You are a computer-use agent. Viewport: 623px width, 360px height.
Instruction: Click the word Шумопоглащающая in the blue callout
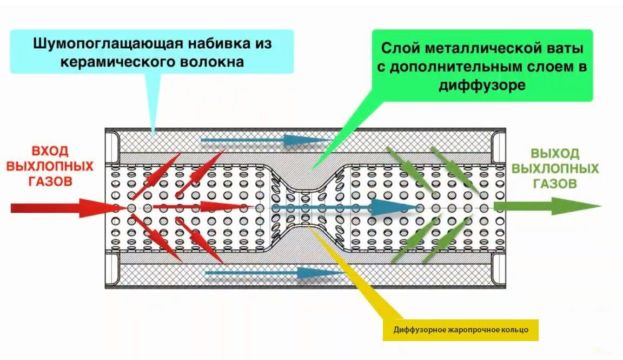pyautogui.click(x=107, y=44)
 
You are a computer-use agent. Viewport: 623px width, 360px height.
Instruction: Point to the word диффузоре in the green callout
pyautogui.click(x=482, y=85)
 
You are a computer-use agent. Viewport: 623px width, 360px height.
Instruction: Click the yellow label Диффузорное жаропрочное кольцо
pyautogui.click(x=461, y=330)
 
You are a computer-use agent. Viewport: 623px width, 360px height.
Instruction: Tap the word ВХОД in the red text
pyautogui.click(x=50, y=151)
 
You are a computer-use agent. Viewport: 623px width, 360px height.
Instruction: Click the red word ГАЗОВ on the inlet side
pyautogui.click(x=50, y=181)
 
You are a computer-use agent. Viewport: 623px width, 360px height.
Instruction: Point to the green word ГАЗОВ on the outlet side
pyautogui.click(x=555, y=184)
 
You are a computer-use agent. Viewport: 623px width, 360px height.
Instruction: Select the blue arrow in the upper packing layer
pyautogui.click(x=264, y=140)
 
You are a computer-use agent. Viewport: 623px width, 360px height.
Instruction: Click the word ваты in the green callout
pyautogui.click(x=565, y=49)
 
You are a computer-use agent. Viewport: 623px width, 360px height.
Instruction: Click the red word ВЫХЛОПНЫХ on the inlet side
pyautogui.click(x=50, y=166)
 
